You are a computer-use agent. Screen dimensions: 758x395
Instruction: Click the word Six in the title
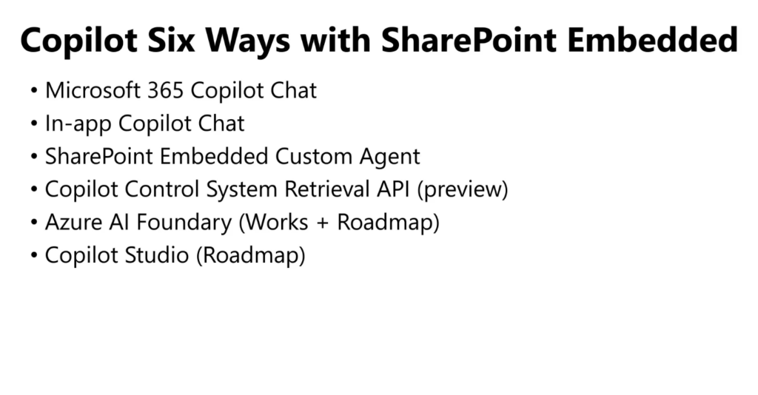pos(171,40)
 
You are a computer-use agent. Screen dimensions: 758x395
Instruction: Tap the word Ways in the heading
pos(248,41)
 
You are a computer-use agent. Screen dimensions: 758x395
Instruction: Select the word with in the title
pos(335,39)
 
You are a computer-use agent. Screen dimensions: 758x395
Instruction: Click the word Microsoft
pos(93,90)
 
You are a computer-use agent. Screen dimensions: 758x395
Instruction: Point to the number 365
pos(165,90)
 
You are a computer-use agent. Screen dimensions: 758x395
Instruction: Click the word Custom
pos(314,157)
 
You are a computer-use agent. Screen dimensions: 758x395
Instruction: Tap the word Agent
pos(389,158)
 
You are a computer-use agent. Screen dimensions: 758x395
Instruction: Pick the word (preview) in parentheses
pos(462,190)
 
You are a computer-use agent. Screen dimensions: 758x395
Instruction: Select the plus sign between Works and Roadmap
pos(323,223)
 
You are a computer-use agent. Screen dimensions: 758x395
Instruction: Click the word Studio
pos(157,255)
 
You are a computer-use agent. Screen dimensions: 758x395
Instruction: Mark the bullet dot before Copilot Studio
pos(34,255)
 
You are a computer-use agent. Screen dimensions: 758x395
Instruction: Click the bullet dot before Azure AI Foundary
pos(34,222)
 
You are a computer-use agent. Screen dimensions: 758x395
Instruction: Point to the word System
pos(242,190)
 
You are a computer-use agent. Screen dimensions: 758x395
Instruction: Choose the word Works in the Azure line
pos(274,223)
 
